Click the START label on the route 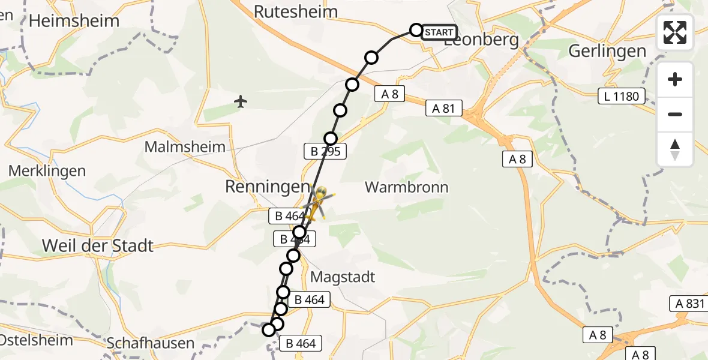(x=439, y=32)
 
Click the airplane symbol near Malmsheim (x=241, y=101)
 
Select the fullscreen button (x=675, y=32)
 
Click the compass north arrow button (x=675, y=149)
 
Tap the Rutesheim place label (x=296, y=11)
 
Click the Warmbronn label (x=406, y=187)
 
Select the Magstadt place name (x=343, y=277)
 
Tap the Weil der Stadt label (x=98, y=245)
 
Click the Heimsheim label (x=74, y=21)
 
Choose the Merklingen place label (x=47, y=171)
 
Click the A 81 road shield (x=444, y=109)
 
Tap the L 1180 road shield (x=622, y=96)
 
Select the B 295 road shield (x=325, y=152)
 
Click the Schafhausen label (x=151, y=343)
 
